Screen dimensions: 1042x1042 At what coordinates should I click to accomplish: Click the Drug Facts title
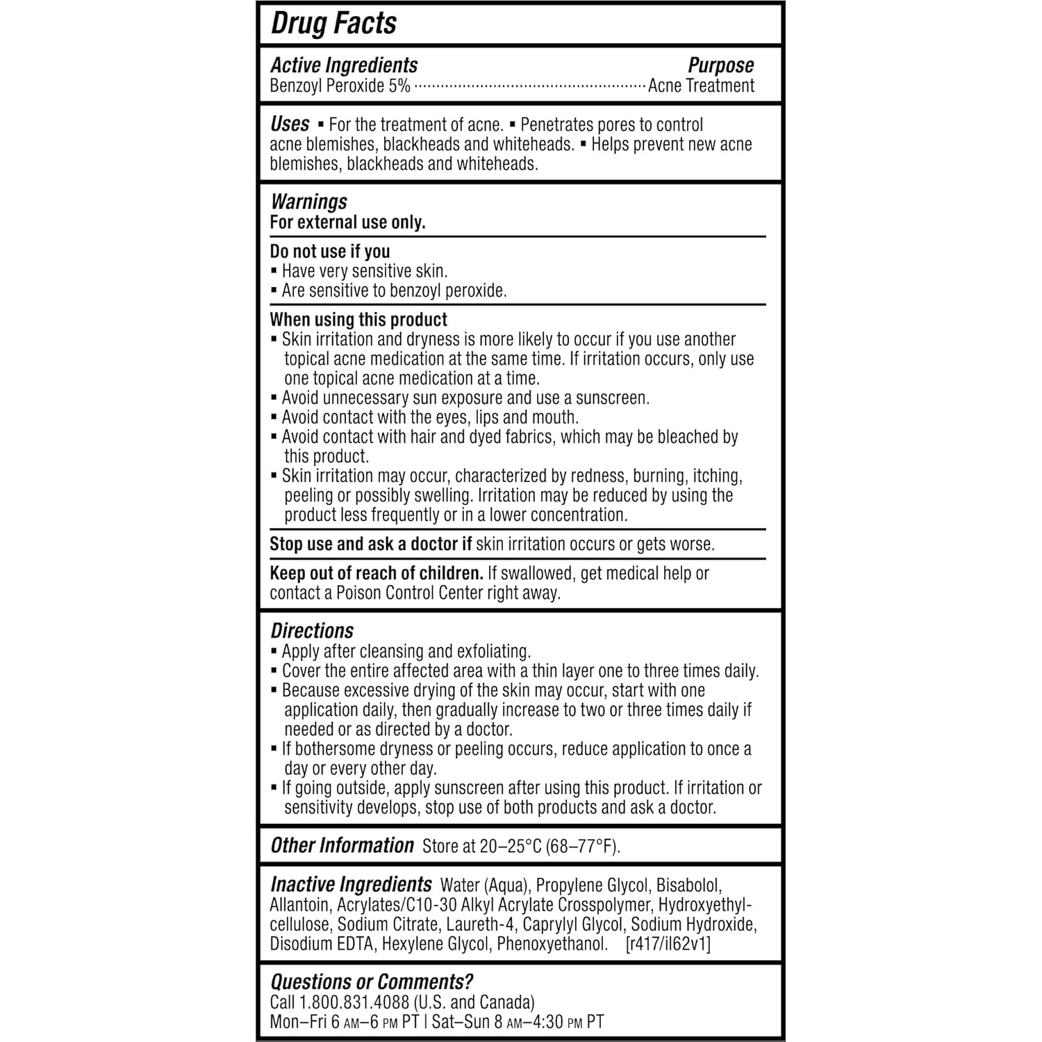[333, 23]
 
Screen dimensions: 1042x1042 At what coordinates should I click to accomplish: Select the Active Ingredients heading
[344, 65]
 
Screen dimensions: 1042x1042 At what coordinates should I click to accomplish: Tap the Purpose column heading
[720, 65]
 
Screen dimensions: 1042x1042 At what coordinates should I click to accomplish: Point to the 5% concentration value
[399, 86]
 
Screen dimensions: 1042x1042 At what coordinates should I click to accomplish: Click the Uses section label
[290, 124]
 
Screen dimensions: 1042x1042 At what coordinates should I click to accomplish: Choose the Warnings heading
[308, 202]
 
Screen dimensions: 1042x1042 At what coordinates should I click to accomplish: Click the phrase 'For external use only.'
[347, 222]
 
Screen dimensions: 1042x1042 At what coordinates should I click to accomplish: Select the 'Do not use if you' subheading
[330, 251]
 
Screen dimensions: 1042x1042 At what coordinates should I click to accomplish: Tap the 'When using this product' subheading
[358, 320]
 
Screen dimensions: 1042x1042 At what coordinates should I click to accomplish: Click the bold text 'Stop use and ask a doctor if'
[371, 544]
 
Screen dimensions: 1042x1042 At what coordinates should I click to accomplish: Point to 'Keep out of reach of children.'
[377, 573]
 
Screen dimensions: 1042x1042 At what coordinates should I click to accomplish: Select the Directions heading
[312, 631]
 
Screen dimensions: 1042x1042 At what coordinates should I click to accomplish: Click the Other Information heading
[342, 845]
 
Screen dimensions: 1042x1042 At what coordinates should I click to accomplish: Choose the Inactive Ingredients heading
[351, 884]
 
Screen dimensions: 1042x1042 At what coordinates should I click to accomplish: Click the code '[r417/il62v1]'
[668, 943]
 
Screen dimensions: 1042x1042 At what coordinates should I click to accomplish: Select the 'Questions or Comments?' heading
[372, 982]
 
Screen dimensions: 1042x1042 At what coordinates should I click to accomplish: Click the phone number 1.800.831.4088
[354, 1002]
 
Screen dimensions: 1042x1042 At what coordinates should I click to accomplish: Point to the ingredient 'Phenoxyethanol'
[552, 943]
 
